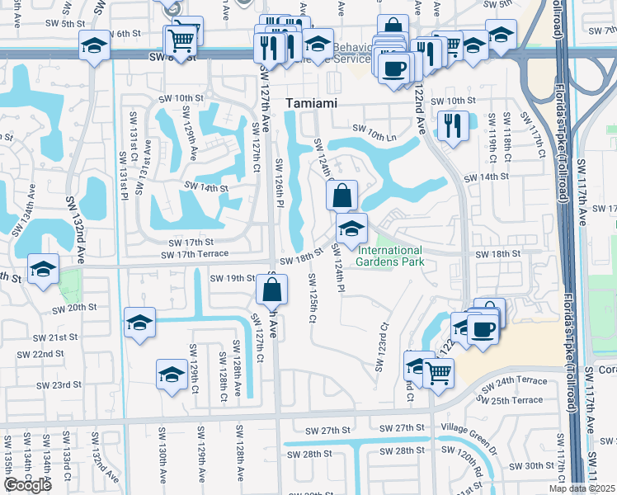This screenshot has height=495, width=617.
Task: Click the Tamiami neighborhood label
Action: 312,103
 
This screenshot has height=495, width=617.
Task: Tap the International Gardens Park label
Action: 389,256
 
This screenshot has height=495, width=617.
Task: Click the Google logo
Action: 27,485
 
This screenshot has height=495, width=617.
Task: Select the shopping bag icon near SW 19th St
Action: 271,290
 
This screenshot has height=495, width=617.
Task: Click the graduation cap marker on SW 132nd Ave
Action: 43,269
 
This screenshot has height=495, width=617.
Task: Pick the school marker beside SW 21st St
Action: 140,322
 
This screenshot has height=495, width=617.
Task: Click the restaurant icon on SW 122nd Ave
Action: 452,126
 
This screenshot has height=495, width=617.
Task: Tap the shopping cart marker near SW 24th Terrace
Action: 437,373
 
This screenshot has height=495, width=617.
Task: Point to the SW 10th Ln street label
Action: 374,129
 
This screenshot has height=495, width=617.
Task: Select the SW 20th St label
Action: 74,309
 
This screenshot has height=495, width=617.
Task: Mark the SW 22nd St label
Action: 42,354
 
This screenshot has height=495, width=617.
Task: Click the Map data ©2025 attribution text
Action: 582,488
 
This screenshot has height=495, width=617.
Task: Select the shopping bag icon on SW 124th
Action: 341,196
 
